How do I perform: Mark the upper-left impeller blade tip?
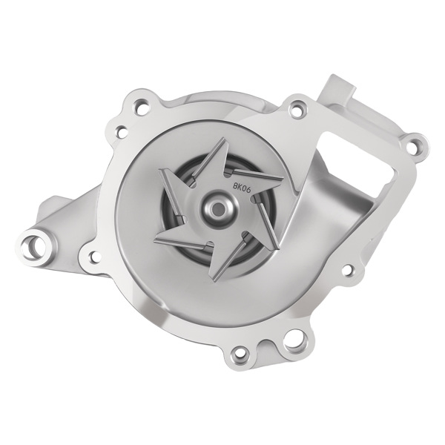coord(160,172)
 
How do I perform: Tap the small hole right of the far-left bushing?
coord(93,257)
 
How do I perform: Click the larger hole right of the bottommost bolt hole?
coord(291,343)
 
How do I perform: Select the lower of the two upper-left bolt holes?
coord(119,133)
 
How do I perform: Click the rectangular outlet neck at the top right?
coord(337,93)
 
